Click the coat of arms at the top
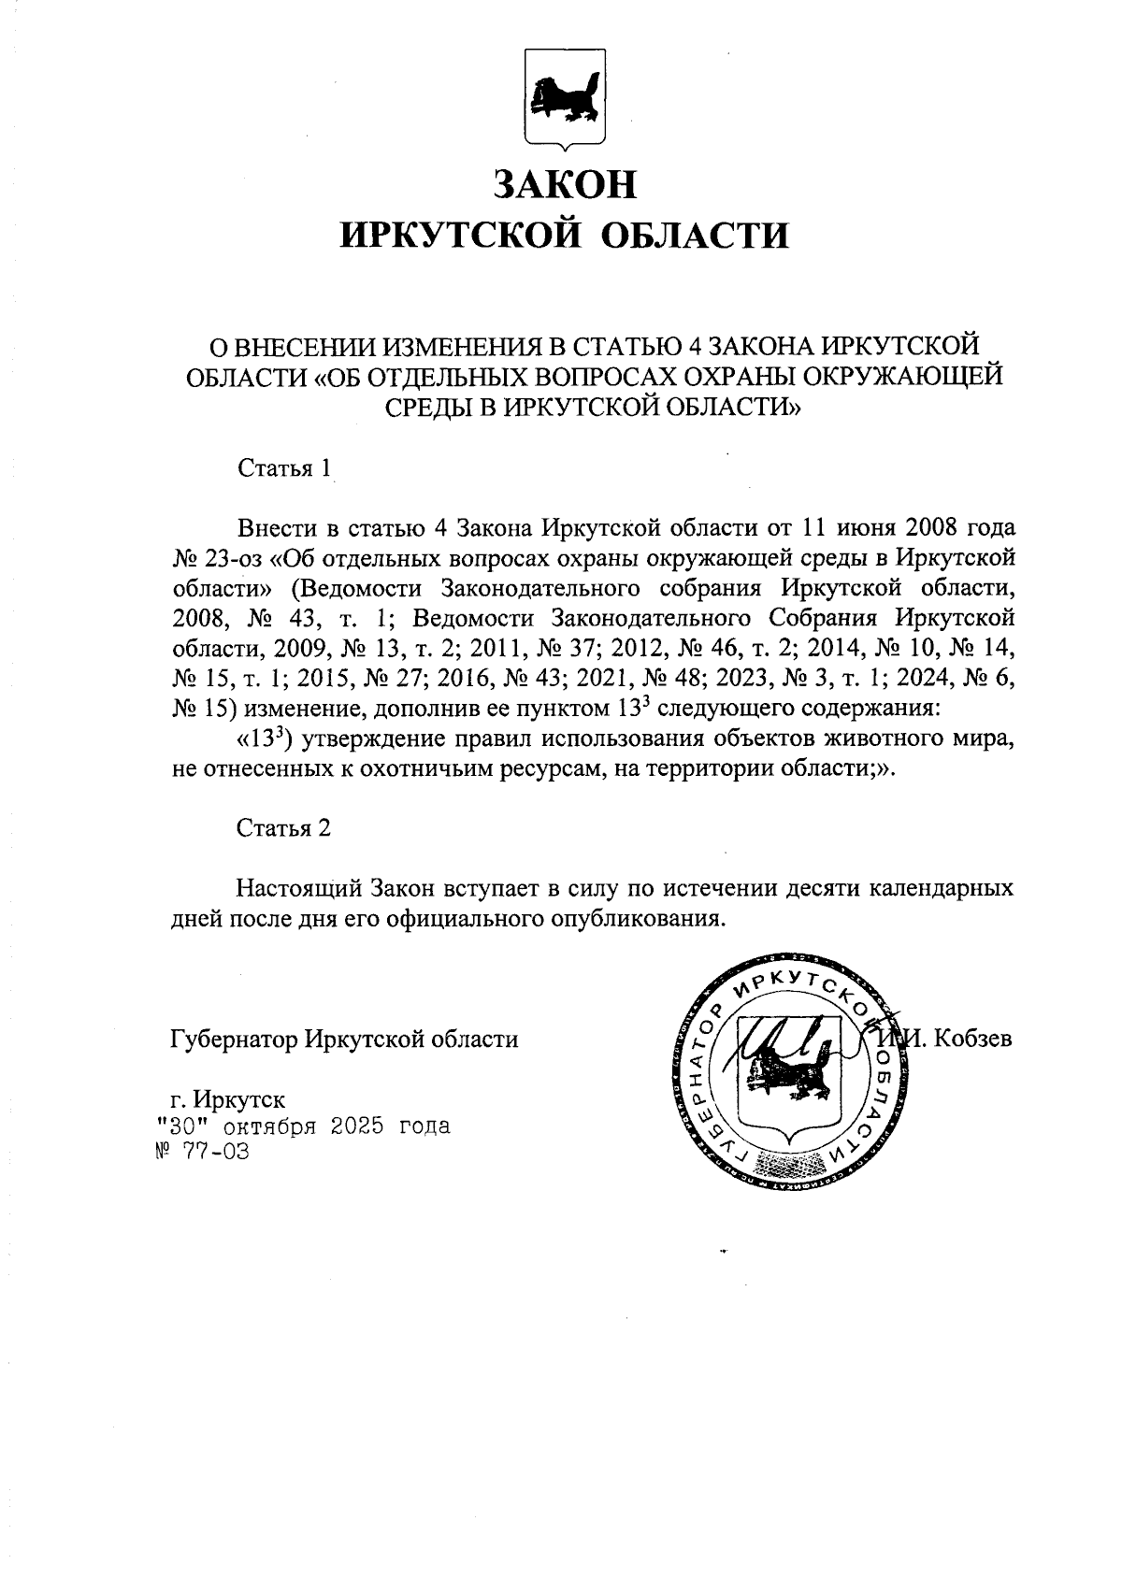tap(563, 97)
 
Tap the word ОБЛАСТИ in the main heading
tap(692, 235)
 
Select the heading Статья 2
tap(284, 827)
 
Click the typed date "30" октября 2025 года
tap(303, 1126)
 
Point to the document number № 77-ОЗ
tap(202, 1152)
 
